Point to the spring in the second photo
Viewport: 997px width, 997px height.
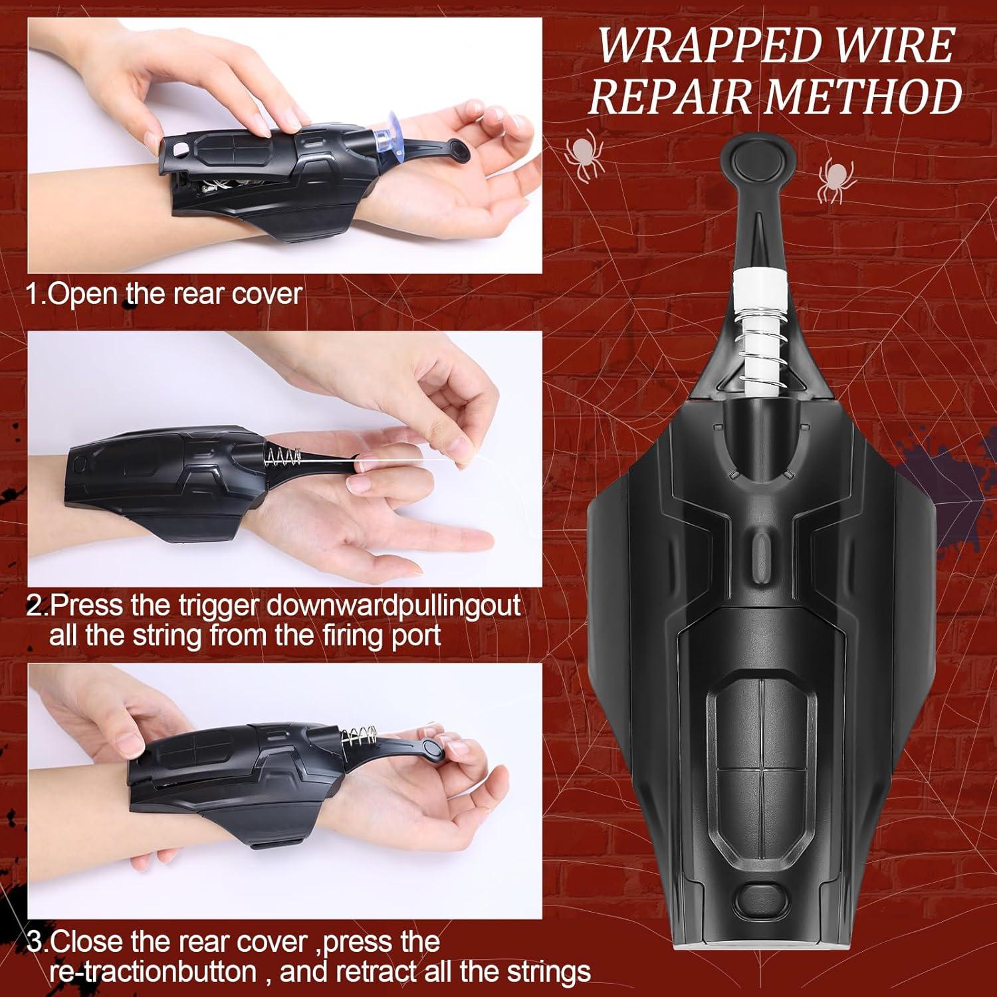282,457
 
